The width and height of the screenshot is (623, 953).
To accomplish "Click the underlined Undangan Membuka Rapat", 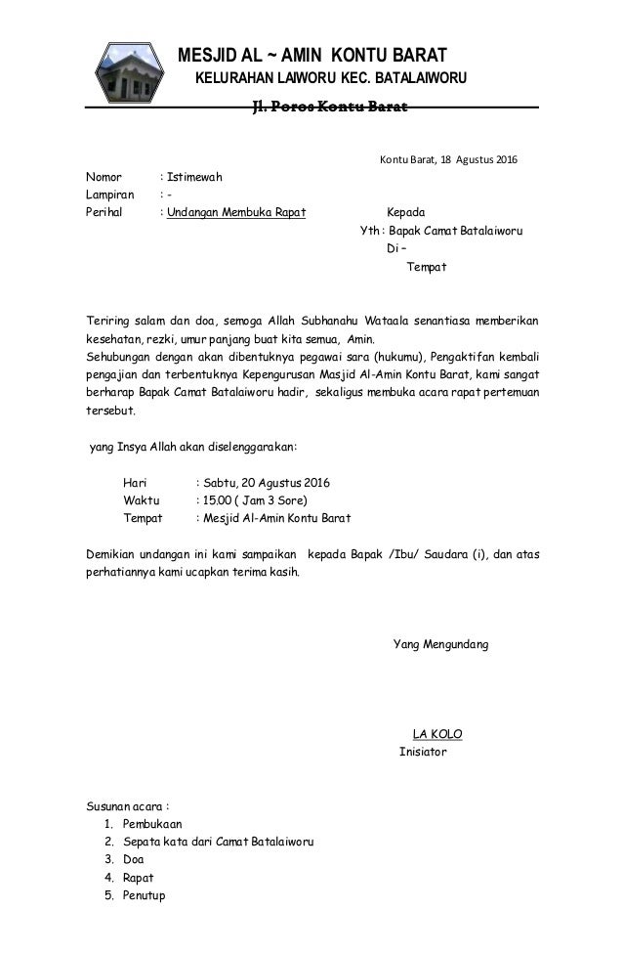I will (236, 212).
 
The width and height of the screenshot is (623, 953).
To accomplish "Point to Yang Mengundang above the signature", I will (441, 645).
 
